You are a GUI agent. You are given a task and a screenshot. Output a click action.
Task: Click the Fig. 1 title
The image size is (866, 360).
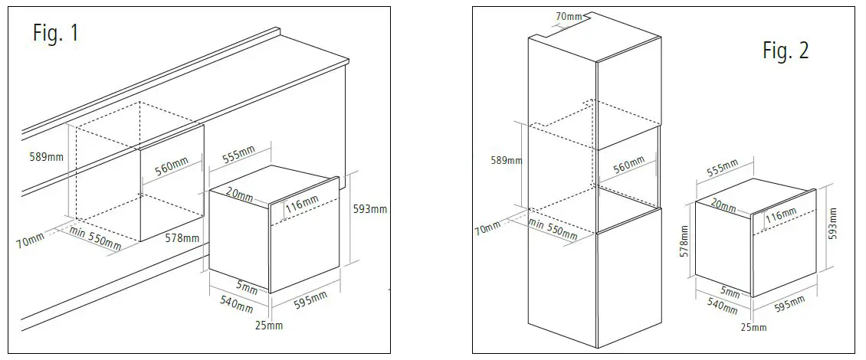point(55,34)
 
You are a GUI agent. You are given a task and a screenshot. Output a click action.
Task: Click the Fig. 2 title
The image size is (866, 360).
point(785,51)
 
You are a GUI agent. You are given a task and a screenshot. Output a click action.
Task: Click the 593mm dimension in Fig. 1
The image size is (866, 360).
point(369,208)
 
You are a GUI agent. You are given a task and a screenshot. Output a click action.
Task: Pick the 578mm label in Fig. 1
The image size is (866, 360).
point(182,238)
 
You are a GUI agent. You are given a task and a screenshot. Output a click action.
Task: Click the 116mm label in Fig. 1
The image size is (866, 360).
point(301,205)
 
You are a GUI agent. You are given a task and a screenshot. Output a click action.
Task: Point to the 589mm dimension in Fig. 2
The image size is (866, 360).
point(507,161)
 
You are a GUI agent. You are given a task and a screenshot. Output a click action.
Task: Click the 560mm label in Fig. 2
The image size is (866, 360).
point(628,165)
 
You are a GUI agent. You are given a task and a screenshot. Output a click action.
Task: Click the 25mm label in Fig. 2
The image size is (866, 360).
point(753,327)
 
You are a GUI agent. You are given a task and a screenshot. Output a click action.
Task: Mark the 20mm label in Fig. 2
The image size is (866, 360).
point(723,205)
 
